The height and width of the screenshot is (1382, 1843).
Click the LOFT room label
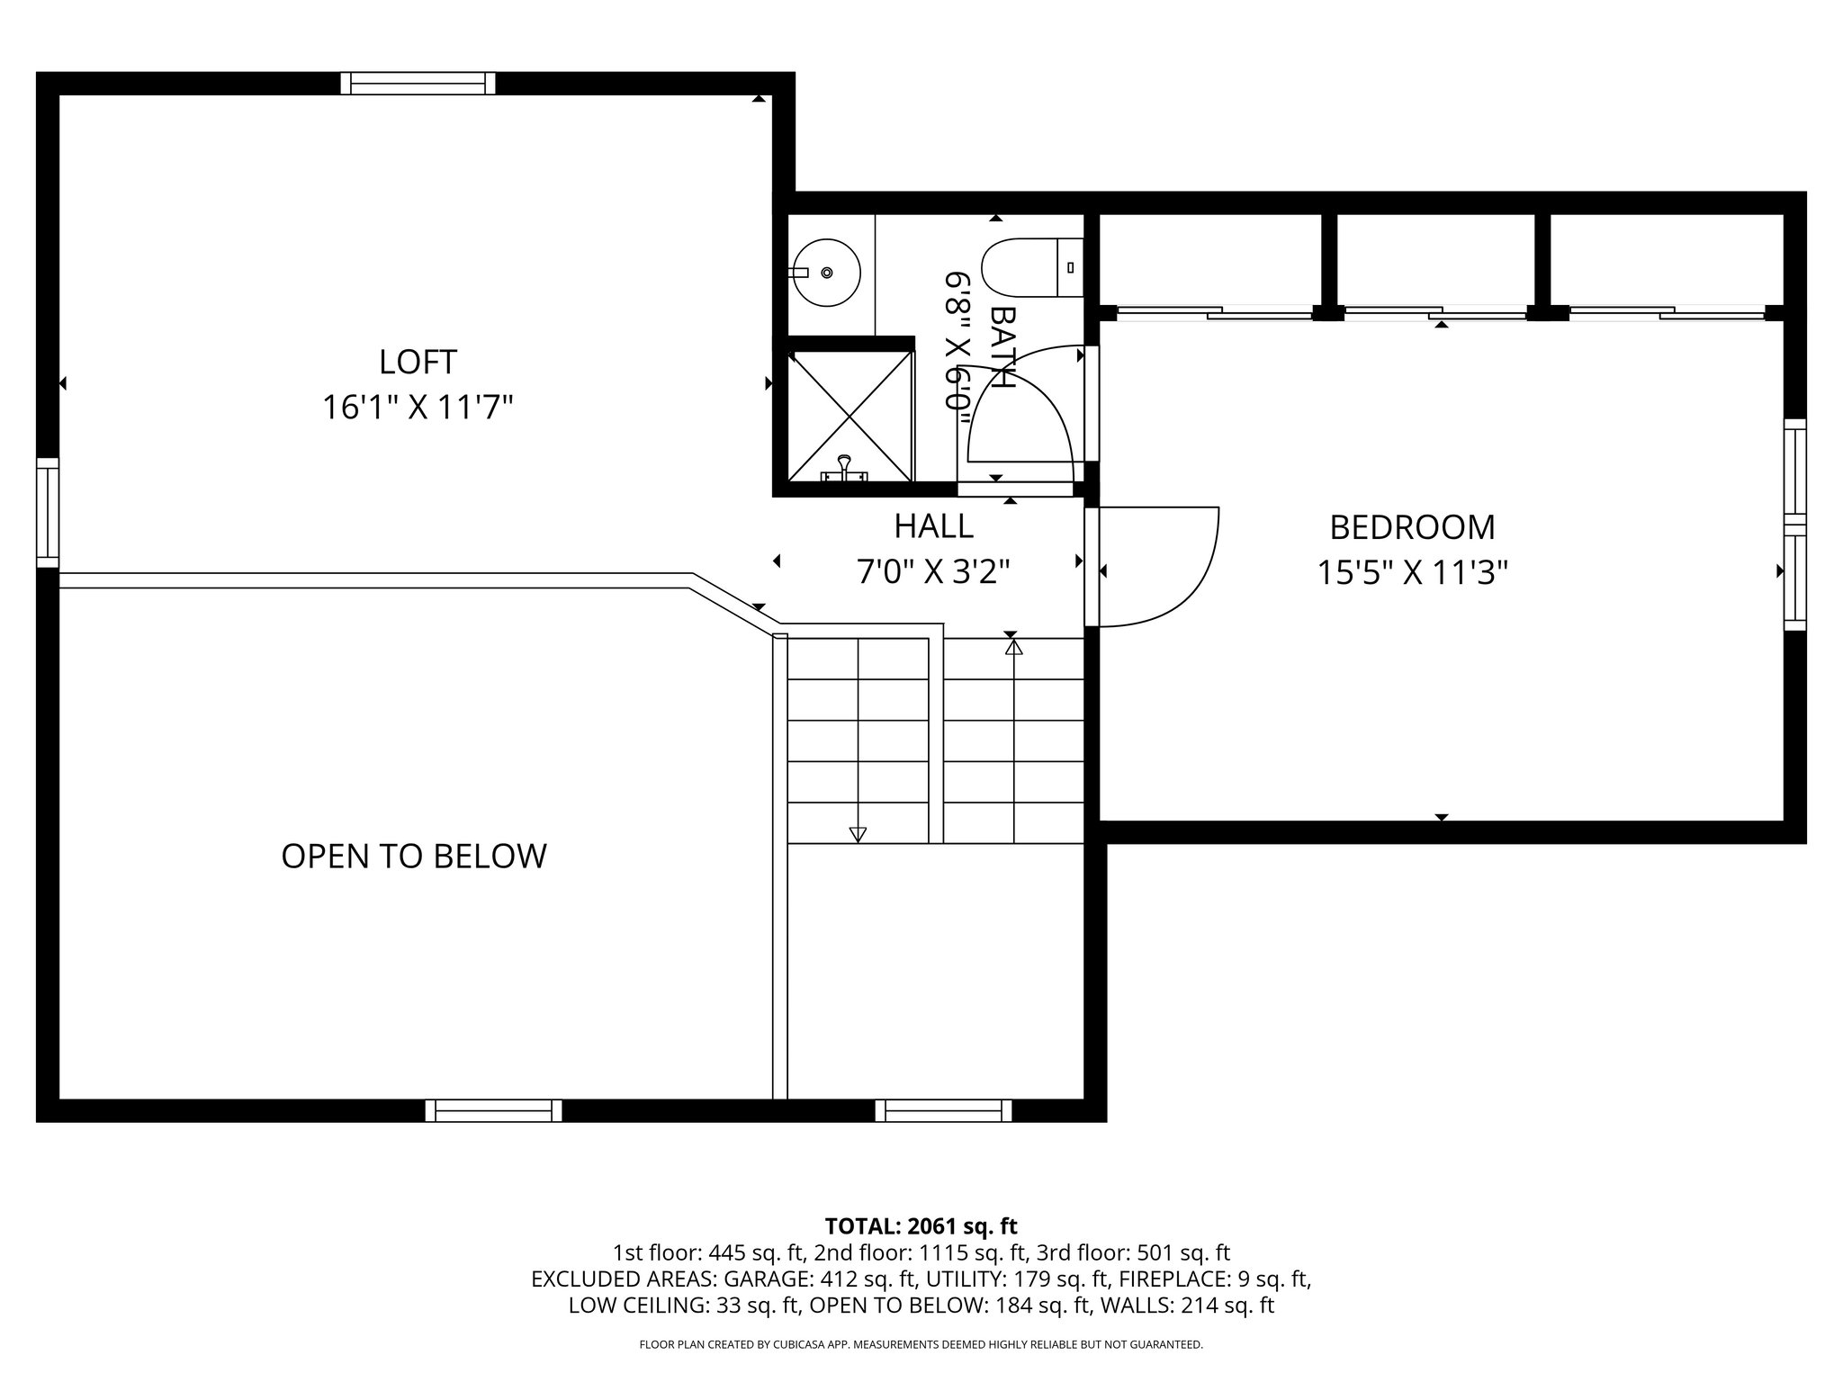pos(418,362)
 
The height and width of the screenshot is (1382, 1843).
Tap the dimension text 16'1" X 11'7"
pos(418,408)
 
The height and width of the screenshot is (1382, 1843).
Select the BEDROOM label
pos(1412,527)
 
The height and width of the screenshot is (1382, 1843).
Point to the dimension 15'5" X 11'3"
pos(1412,572)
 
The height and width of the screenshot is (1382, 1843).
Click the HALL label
pos(933,525)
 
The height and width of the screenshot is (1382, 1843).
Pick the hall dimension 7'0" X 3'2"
pos(933,571)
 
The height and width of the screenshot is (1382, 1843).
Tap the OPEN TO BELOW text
pos(414,856)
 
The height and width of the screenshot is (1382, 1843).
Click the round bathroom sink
pos(827,271)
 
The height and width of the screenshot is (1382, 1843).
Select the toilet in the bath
pos(1029,268)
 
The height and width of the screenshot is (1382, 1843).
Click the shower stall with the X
pos(850,416)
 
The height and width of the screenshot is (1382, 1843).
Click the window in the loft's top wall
pos(418,83)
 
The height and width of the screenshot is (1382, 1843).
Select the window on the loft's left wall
pos(47,513)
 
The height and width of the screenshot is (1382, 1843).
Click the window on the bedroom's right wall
pos(1794,525)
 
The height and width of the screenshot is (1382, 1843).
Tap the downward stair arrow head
pos(858,835)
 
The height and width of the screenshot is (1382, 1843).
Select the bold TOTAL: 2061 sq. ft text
pos(921,1225)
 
